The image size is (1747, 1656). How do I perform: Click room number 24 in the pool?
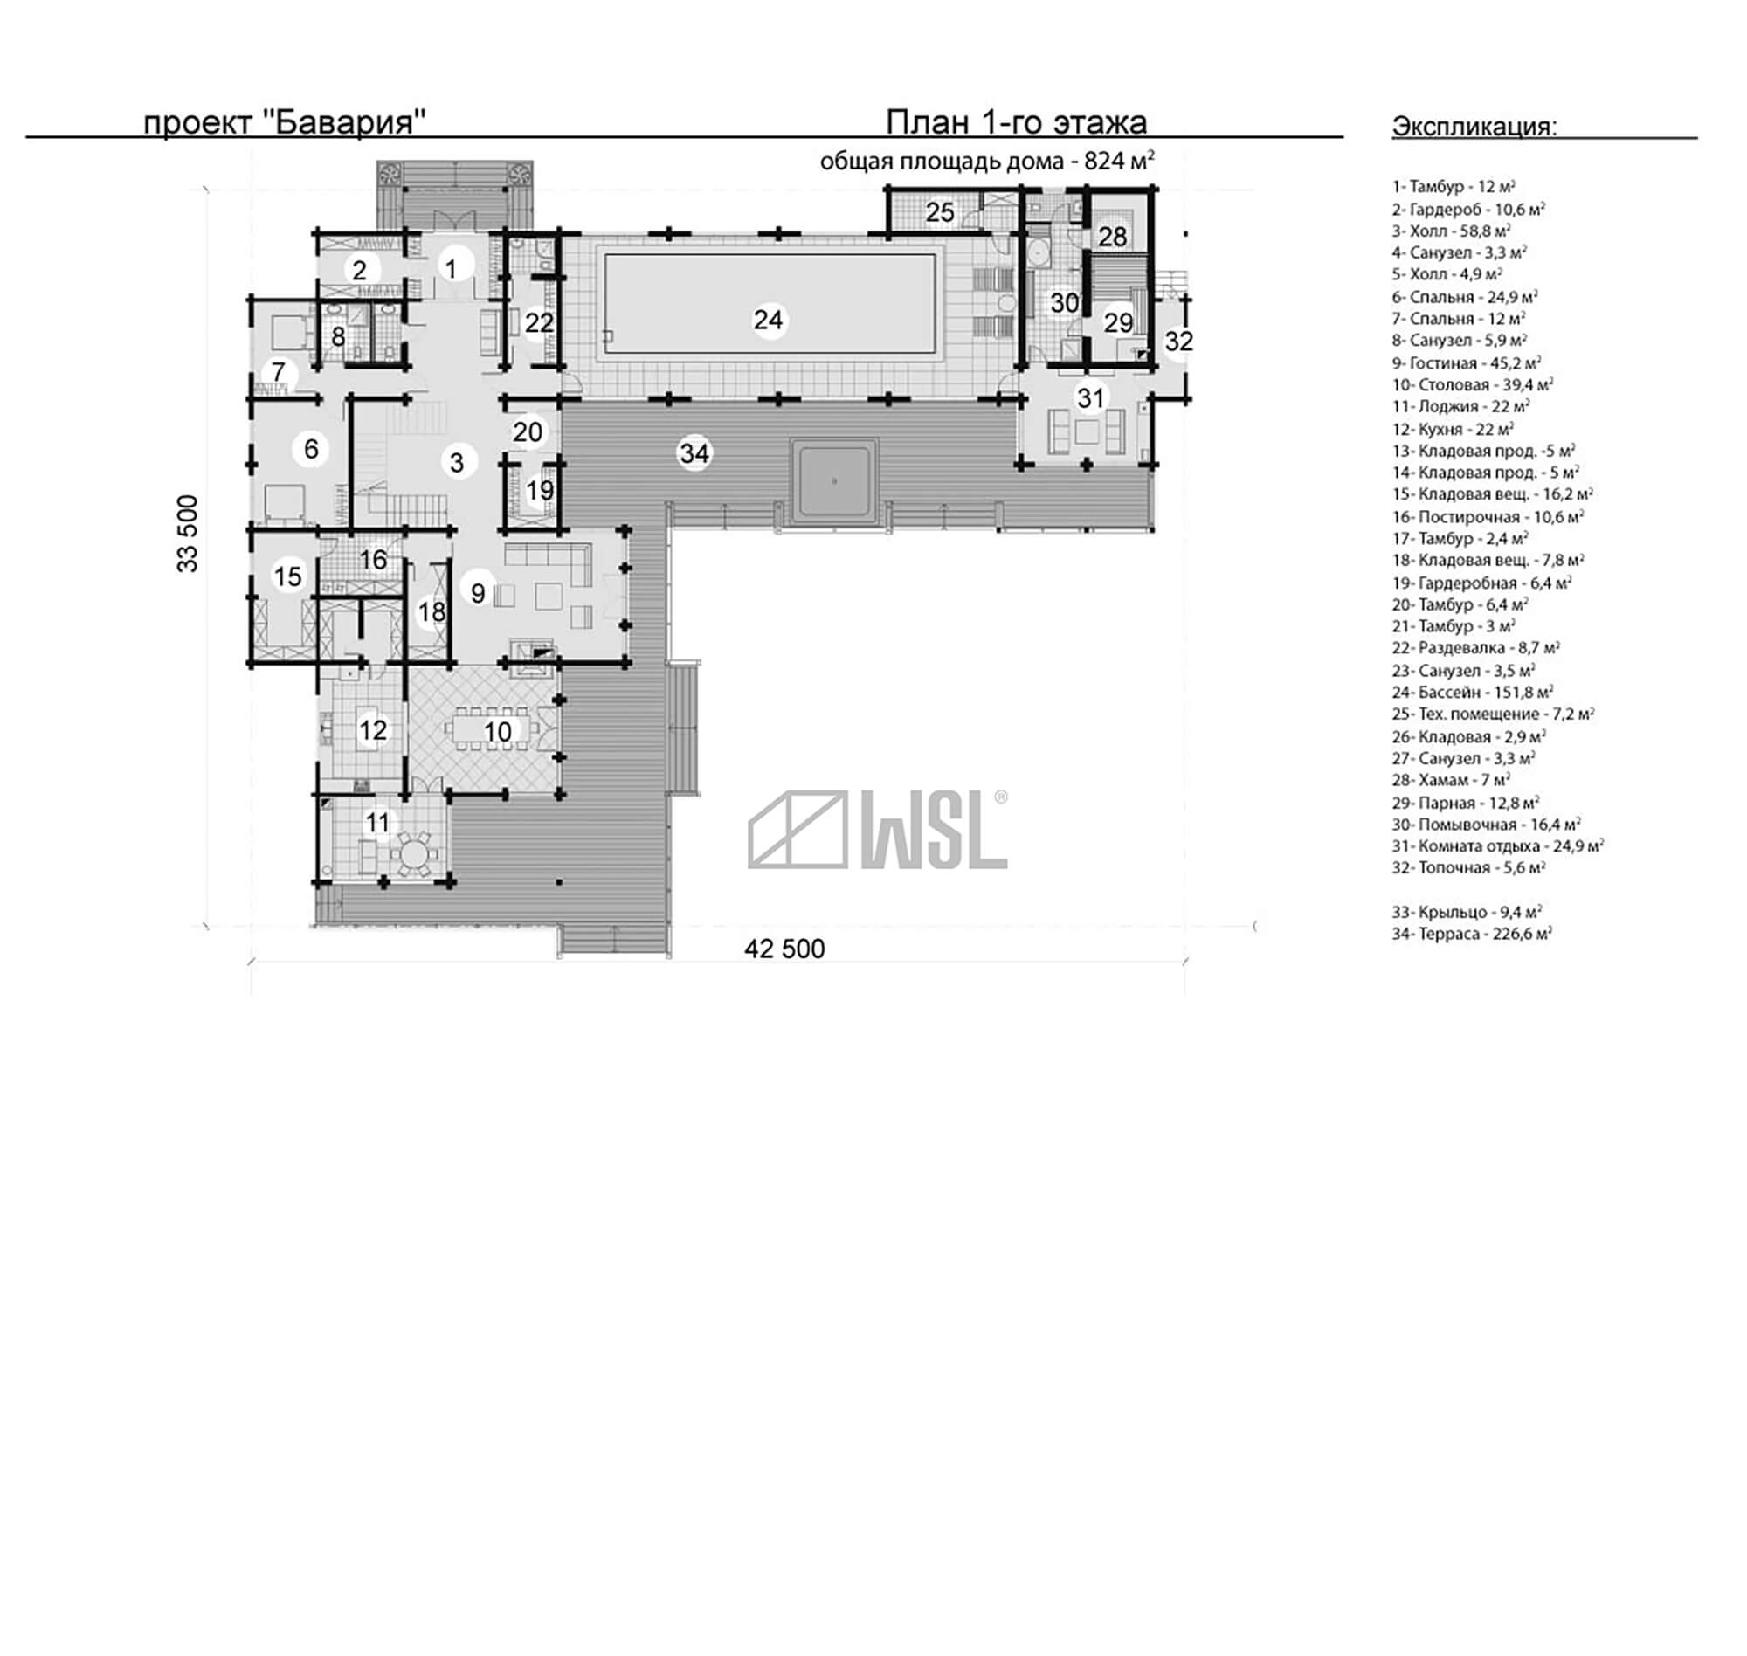point(768,320)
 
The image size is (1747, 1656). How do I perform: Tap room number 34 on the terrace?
point(694,452)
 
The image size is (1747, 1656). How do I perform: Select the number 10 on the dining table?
point(498,731)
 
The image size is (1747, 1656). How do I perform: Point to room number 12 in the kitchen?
point(372,730)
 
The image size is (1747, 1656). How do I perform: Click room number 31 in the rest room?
point(1091,397)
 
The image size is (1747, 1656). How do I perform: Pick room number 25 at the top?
point(940,212)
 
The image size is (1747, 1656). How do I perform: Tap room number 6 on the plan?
point(311,448)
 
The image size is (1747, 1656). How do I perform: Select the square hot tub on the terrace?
point(834,481)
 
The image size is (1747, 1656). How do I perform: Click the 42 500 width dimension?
point(784,948)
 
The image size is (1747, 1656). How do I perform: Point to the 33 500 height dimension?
point(187,533)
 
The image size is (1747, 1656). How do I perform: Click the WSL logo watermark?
point(878,830)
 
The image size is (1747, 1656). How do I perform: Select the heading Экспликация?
point(1474,127)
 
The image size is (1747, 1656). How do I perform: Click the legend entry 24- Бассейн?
point(1473,692)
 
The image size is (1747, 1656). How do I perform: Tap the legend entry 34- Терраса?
point(1473,933)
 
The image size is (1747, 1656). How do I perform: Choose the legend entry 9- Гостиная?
point(1467,362)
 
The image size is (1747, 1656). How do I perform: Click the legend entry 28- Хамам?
point(1451,780)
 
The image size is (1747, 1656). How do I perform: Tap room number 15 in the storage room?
point(287,576)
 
